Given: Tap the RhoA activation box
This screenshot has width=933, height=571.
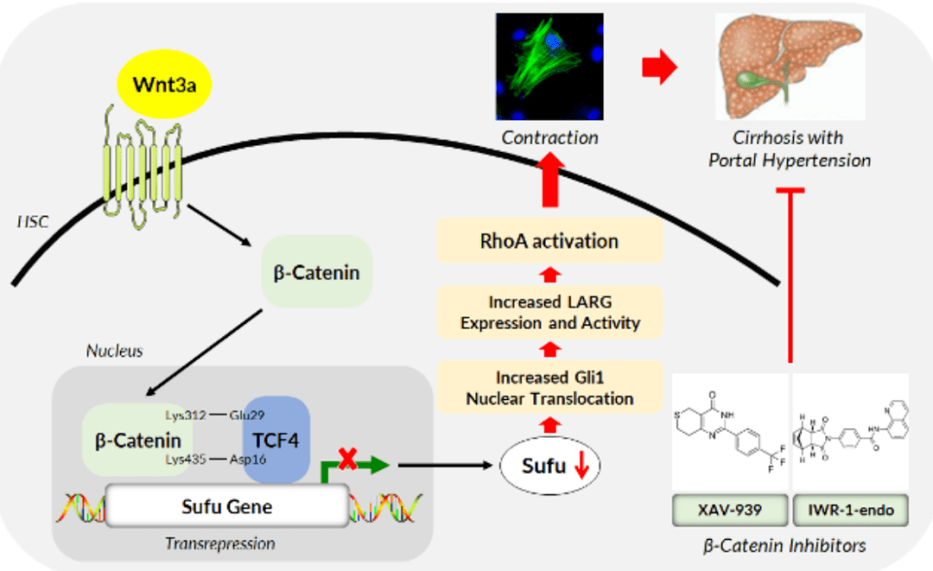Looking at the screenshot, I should pos(549,240).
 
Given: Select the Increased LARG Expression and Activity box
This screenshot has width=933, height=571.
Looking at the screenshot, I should pos(549,313).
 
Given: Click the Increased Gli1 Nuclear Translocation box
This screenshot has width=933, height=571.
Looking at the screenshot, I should pos(549,387).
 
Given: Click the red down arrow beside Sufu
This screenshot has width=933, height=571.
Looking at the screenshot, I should pos(581,466).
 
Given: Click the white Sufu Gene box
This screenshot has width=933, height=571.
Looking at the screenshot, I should pos(227,505).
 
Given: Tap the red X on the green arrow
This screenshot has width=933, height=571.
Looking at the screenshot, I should pos(348,459).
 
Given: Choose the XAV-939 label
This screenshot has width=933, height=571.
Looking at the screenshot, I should pos(730,511).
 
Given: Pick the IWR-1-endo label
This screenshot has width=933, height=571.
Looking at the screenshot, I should pos(851,511).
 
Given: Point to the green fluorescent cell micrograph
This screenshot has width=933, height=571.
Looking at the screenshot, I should pos(550,67).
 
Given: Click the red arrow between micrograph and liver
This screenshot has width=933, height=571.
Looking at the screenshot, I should pos(660,67).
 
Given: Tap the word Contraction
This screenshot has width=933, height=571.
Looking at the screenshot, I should pos(550,137).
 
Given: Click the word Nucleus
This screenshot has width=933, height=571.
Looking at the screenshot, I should pos(114,351).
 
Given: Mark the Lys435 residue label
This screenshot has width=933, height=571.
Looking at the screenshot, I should pos(186,460).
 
